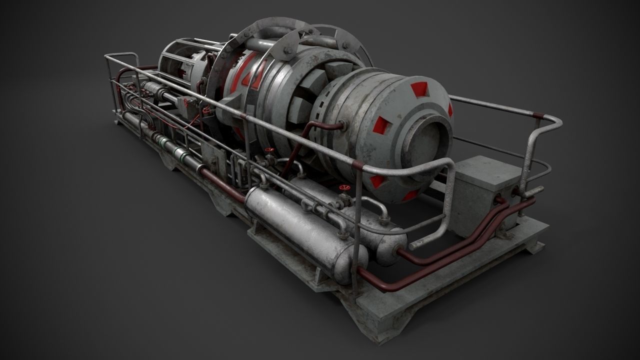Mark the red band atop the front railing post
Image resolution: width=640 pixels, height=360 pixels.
pyautogui.click(x=358, y=164)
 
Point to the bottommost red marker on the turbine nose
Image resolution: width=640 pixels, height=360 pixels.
pyautogui.click(x=410, y=195)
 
